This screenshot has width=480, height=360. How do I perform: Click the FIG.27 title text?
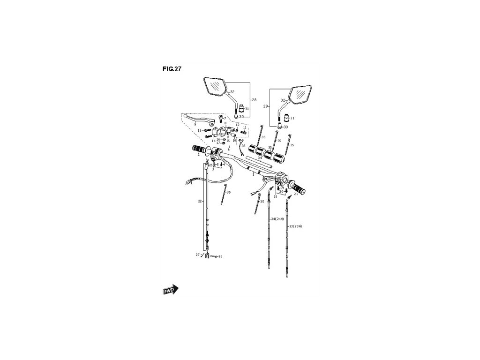[172, 68]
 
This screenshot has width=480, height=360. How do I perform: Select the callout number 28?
[254, 100]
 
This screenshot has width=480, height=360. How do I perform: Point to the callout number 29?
[266, 107]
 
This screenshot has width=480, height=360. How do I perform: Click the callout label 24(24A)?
[277, 219]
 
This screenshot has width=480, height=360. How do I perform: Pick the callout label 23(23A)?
[295, 226]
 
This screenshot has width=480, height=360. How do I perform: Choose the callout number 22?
[200, 201]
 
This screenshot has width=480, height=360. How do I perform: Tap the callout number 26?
[220, 256]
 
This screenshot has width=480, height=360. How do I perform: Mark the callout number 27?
[198, 255]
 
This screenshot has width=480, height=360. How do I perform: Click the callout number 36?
[243, 146]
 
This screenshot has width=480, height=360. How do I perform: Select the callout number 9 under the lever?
[195, 125]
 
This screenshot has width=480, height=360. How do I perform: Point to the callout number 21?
[296, 195]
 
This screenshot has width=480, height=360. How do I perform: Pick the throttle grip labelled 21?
[298, 188]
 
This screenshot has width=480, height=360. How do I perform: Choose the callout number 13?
[199, 131]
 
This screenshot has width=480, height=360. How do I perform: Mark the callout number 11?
[244, 127]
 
